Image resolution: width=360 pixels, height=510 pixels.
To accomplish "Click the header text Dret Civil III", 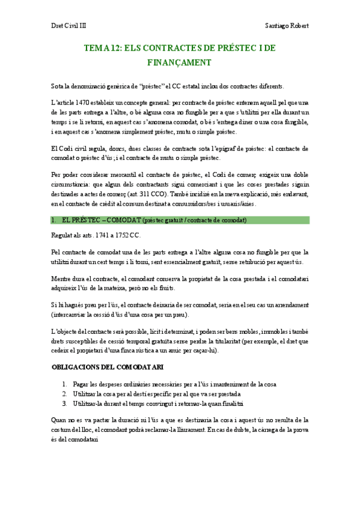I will tap(67, 26).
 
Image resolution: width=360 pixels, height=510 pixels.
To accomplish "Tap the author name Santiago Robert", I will tap(287, 26).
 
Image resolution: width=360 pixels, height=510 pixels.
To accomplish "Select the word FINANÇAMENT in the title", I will tap(180, 62).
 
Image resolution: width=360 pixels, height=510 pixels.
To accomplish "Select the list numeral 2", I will tap(65, 393).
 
